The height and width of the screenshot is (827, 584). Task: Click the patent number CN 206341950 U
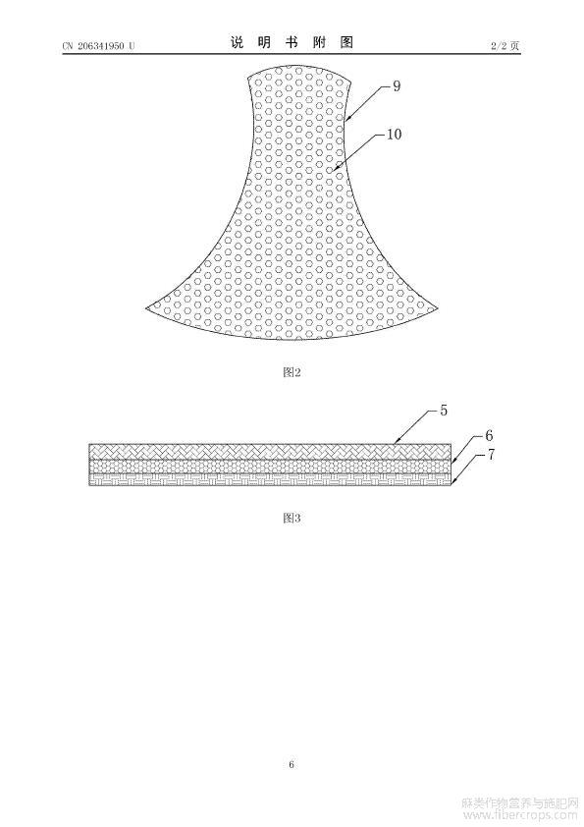pos(98,46)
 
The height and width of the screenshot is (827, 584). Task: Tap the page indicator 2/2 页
pos(504,46)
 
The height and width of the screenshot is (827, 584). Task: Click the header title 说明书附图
pos(292,42)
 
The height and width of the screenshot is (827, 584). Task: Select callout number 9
pos(397,86)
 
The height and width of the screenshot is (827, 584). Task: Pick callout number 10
pos(395,135)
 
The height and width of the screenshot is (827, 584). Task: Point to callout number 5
pos(444,410)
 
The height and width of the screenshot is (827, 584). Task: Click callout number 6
pos(489,435)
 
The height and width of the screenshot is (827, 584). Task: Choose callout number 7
pos(491,454)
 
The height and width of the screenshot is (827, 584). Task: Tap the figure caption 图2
pos(292,372)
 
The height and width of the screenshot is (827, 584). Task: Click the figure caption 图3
pos(292,518)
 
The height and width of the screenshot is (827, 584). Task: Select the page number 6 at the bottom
pos(292,764)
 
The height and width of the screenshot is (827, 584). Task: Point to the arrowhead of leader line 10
pos(332,171)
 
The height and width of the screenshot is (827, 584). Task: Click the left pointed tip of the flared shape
pos(146,307)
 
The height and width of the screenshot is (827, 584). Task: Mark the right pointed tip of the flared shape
pos(438,307)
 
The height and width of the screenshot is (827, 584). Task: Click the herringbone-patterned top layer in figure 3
pos(270,452)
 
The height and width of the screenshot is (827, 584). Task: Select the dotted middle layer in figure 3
pos(270,467)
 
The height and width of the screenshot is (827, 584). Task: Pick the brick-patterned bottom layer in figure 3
pos(270,479)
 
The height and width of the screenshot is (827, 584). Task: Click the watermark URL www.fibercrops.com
pos(519,816)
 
